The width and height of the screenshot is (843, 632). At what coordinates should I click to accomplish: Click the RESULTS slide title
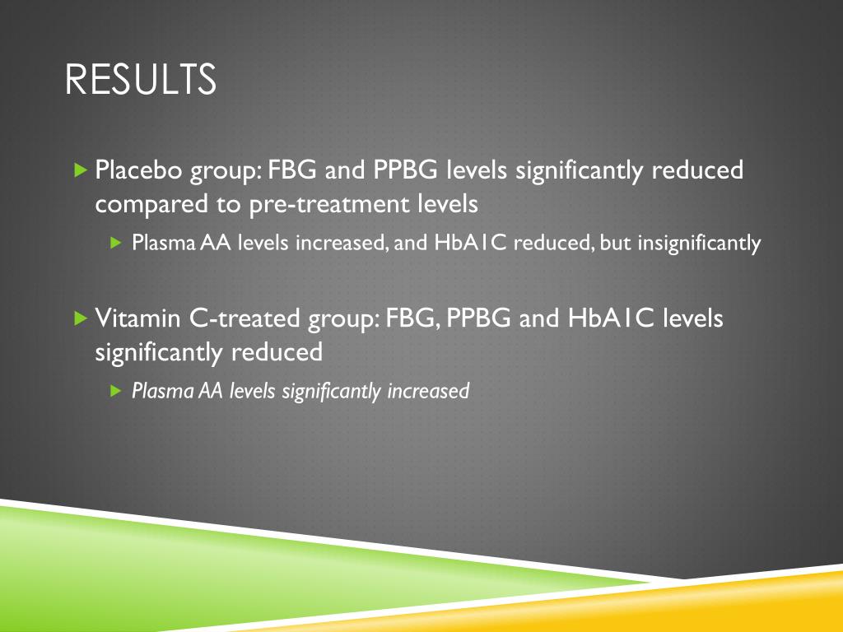[140, 80]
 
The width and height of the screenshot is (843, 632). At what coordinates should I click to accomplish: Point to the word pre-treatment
[329, 205]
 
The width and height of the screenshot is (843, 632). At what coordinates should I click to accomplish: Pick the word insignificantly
[699, 244]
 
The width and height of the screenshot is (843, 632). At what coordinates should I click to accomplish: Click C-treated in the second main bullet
[245, 318]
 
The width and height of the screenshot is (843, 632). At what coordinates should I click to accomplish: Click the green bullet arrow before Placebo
[82, 170]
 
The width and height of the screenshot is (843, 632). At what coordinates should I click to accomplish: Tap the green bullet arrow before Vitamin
[82, 318]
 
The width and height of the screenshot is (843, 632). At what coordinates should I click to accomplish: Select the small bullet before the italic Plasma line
[115, 391]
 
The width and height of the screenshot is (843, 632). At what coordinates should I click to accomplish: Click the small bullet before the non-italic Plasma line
[115, 243]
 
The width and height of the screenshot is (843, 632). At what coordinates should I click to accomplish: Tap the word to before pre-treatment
[229, 205]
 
